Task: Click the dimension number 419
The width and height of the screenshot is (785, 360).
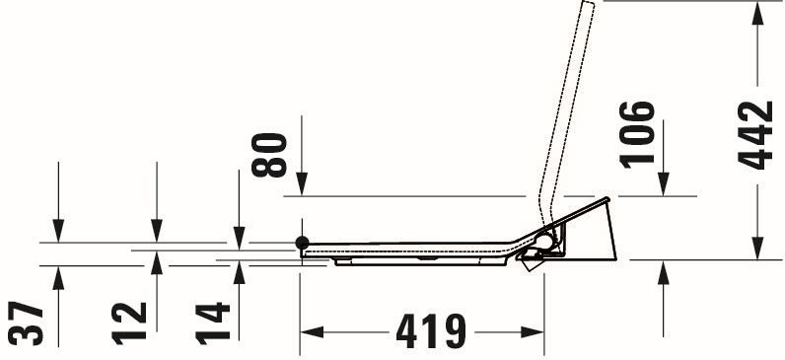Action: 431,331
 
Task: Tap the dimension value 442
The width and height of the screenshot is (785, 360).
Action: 755,135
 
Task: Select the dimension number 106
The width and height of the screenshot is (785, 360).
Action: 637,134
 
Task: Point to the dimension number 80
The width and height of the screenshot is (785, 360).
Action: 269,155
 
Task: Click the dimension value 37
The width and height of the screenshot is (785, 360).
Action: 26,323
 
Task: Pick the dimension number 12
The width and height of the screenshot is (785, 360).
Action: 128,324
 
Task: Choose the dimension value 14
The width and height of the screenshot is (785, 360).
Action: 212,324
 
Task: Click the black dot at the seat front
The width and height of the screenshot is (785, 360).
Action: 303,243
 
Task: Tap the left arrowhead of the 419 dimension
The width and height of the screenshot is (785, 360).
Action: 312,331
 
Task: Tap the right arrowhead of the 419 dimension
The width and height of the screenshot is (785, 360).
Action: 533,331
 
